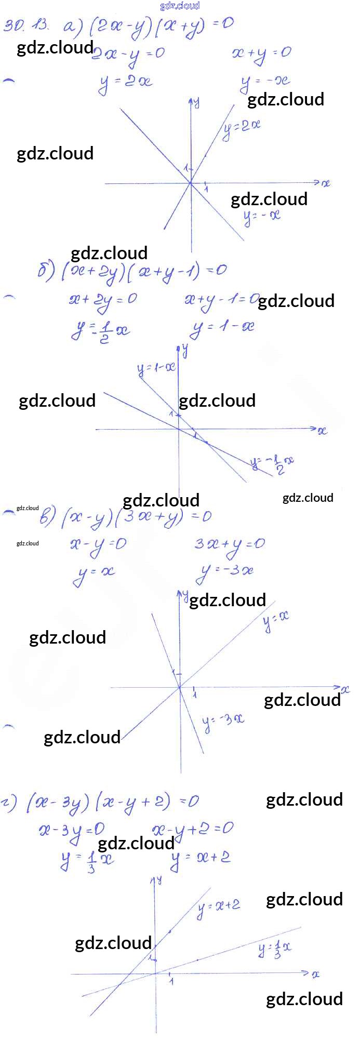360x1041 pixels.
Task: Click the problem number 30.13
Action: pyautogui.click(x=26, y=25)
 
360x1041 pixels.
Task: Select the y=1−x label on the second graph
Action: pyautogui.click(x=156, y=368)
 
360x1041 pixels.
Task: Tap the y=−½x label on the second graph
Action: pyautogui.click(x=273, y=463)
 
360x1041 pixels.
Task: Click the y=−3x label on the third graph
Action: pyautogui.click(x=223, y=722)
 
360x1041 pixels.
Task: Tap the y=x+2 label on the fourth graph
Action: pyautogui.click(x=219, y=906)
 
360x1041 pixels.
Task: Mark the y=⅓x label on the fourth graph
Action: pyautogui.click(x=275, y=949)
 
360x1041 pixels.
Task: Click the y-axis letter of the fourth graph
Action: pyautogui.click(x=159, y=880)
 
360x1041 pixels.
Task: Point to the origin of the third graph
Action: pyautogui.click(x=180, y=687)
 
